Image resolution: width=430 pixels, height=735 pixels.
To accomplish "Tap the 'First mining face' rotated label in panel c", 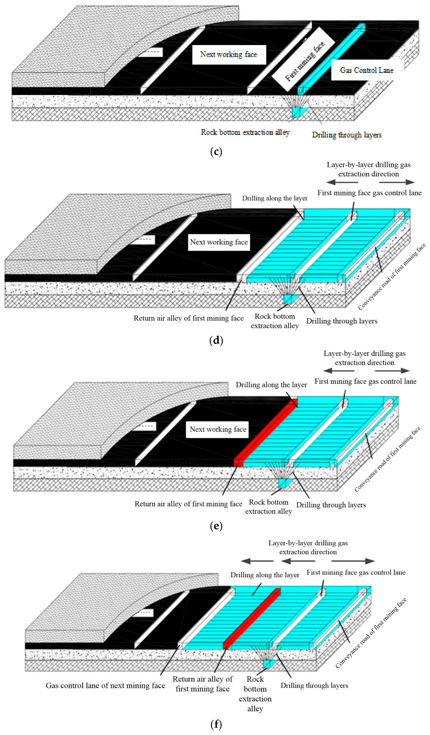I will click(x=304, y=61).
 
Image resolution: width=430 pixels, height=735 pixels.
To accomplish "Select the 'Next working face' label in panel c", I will click(x=229, y=55).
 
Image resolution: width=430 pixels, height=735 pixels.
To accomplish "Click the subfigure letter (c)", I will click(x=216, y=152).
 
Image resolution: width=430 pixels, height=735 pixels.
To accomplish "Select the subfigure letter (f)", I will click(x=216, y=724).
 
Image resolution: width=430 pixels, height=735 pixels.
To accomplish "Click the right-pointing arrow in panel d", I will click(x=397, y=182).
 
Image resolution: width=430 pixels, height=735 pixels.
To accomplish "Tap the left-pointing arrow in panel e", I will click(x=339, y=371).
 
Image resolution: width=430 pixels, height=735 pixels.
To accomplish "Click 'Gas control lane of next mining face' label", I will click(x=105, y=685).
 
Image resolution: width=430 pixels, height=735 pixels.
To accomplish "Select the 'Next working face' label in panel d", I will click(x=219, y=242).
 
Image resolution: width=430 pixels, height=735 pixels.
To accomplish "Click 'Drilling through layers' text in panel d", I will click(x=342, y=321).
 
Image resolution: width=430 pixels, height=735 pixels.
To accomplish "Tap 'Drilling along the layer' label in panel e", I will click(x=271, y=385).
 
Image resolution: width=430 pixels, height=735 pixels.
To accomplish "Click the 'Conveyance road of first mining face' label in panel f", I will click(x=371, y=633).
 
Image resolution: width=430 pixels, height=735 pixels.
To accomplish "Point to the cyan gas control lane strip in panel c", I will click(x=332, y=58).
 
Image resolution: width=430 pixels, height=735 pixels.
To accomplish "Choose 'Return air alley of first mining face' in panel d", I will click(x=188, y=318).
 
